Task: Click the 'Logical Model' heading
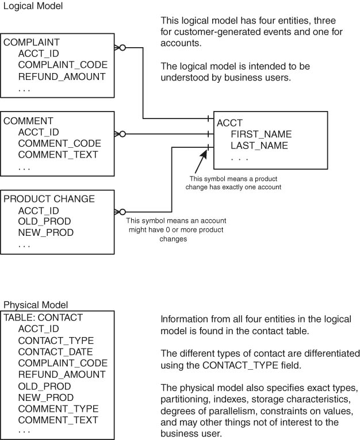(33, 6)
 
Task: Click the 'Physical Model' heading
(36, 305)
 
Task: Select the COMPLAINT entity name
(32, 43)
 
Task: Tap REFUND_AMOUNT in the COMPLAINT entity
(62, 77)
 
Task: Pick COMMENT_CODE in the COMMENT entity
(59, 143)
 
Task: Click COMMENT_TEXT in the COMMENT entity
(58, 155)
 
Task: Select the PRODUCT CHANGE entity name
(49, 199)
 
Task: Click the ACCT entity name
(229, 123)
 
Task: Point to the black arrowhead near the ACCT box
(202, 155)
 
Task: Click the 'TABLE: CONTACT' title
(43, 317)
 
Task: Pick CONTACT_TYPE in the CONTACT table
(56, 340)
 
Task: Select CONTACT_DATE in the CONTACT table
(55, 351)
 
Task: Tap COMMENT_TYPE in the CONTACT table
(58, 408)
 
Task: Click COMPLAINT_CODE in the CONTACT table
(63, 363)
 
